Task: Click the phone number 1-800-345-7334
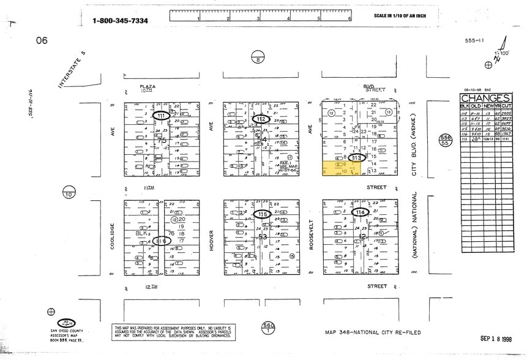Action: tap(120, 21)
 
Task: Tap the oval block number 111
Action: tap(162, 115)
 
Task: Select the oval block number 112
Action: tap(262, 118)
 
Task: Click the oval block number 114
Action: tap(361, 212)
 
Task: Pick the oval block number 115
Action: tap(262, 214)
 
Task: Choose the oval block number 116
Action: tap(162, 241)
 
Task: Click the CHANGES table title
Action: tap(485, 99)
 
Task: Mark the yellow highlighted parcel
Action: tap(335, 169)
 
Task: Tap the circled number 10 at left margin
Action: tap(67, 194)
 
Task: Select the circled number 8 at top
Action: tap(259, 58)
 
